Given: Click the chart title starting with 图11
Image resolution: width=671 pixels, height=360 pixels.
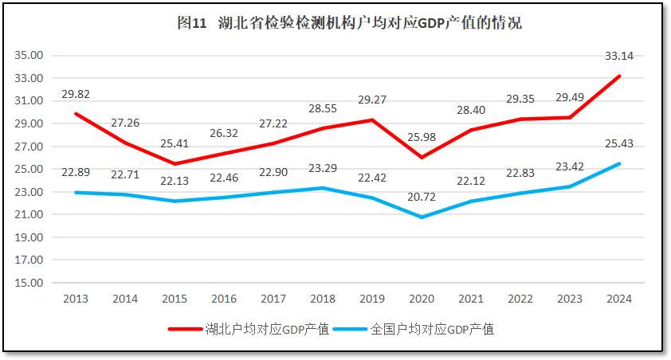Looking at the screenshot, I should click(349, 23).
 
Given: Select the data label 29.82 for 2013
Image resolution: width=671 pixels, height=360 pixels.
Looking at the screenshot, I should click(76, 94).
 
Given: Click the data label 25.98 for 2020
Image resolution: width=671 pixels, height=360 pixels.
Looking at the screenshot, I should click(421, 138).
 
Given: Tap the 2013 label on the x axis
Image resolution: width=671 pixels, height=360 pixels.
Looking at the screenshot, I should click(76, 299).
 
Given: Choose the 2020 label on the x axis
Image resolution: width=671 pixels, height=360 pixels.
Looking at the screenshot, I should click(421, 299).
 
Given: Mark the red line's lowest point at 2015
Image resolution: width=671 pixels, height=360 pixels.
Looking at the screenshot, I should click(175, 164).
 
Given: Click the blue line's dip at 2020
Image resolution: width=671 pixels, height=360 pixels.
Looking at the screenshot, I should click(421, 217).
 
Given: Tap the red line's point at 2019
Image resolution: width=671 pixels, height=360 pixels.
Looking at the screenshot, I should click(371, 120).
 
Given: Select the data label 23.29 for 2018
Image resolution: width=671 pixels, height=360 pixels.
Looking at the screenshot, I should click(322, 169).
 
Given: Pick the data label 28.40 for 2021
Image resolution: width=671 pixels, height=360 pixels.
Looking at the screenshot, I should click(470, 109).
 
